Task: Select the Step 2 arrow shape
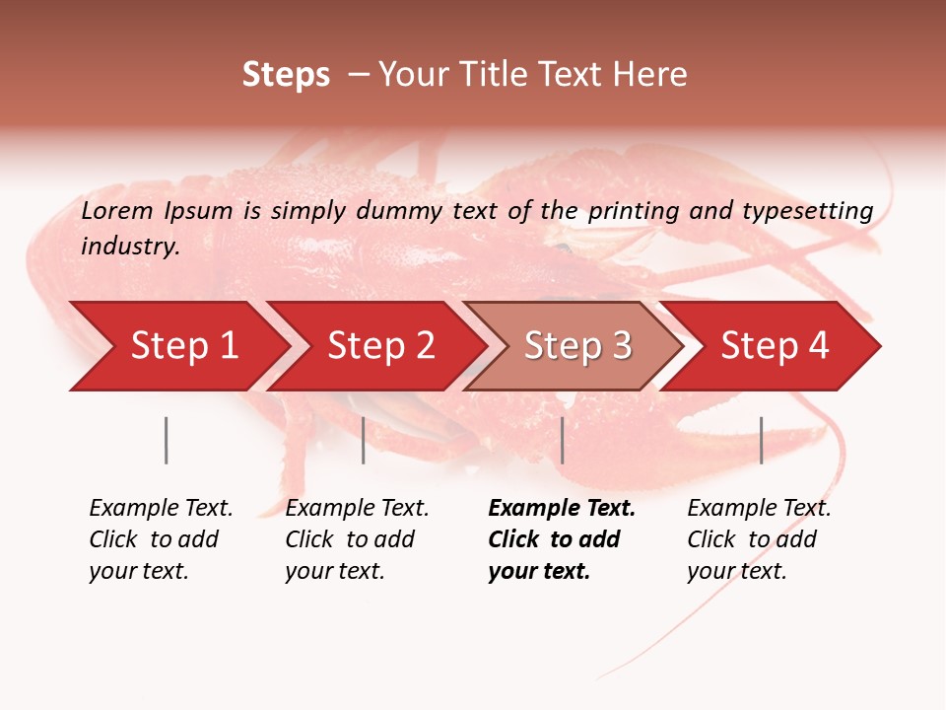pyautogui.click(x=380, y=346)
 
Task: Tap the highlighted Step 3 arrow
pyautogui.click(x=577, y=346)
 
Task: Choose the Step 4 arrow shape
pyautogui.click(x=775, y=346)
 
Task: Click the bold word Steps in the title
pyautogui.click(x=286, y=75)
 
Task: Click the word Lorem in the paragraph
pyautogui.click(x=118, y=210)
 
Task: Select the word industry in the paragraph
pyautogui.click(x=130, y=247)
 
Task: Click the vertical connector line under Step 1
pyautogui.click(x=167, y=440)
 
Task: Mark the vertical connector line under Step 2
pyautogui.click(x=364, y=440)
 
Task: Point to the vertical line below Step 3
pyautogui.click(x=563, y=440)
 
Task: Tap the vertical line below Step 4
pyautogui.click(x=762, y=440)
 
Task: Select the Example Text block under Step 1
pyautogui.click(x=161, y=539)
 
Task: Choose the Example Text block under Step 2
pyautogui.click(x=357, y=539)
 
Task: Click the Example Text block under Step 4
pyautogui.click(x=759, y=539)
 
